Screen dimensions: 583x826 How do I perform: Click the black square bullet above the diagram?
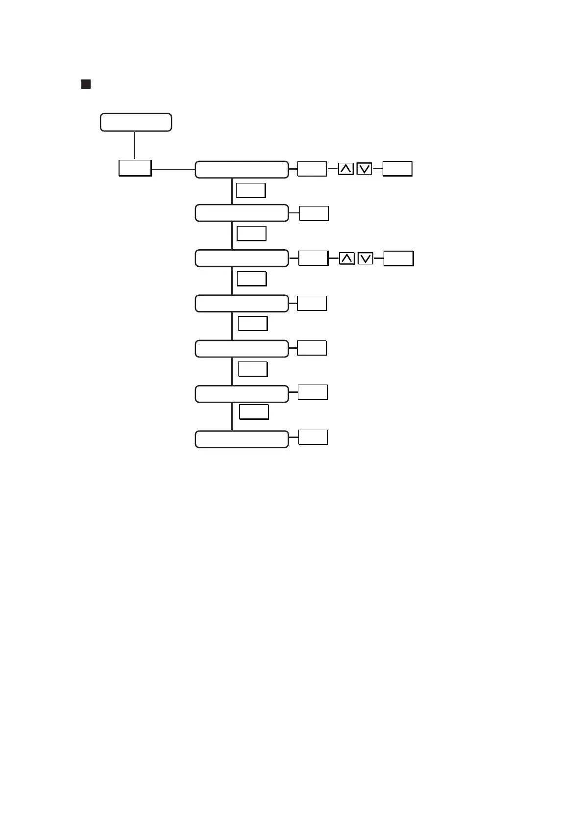click(86, 84)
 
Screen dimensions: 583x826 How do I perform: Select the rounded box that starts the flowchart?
click(136, 122)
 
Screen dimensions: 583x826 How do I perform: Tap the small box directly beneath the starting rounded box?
click(135, 168)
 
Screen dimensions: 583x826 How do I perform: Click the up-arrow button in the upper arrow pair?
click(346, 169)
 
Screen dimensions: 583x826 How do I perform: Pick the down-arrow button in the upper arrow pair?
click(364, 169)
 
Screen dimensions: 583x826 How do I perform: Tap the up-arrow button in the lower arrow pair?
click(347, 258)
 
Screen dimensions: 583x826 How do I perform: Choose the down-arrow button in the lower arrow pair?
click(365, 258)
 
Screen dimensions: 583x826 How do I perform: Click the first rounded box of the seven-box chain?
click(242, 169)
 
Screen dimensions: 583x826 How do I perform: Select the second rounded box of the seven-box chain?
click(242, 213)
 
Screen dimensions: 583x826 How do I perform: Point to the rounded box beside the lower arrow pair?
click(242, 258)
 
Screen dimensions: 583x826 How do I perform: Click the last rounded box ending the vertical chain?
click(242, 439)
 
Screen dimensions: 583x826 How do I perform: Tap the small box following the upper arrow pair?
click(397, 169)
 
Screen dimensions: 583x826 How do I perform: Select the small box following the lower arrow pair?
click(398, 258)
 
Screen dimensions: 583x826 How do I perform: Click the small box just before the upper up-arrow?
click(312, 169)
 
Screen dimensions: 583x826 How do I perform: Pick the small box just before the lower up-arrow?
click(314, 258)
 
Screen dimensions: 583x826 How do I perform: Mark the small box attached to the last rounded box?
click(313, 437)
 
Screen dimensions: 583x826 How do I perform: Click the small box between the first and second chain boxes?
click(251, 190)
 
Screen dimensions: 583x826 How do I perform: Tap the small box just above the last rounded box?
click(254, 412)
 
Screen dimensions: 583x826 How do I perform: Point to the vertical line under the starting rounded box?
click(134, 145)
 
